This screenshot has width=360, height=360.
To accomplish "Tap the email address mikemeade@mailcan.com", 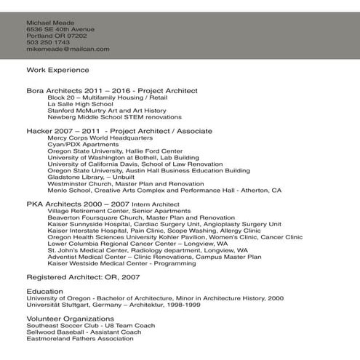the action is pyautogui.click(x=68, y=49).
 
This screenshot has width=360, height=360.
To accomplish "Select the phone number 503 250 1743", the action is pyautogui.click(x=48, y=42).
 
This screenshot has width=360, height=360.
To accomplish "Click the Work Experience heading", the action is pyautogui.click(x=57, y=70).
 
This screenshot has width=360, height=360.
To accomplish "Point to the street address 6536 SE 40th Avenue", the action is pyautogui.click(x=60, y=29).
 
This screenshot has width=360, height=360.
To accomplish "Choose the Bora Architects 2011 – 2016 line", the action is pyautogui.click(x=112, y=90).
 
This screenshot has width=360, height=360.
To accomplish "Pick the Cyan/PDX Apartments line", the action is pyautogui.click(x=83, y=144).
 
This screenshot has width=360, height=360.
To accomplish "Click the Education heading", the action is pyautogui.click(x=44, y=290).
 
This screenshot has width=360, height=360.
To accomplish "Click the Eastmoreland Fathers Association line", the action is pyautogui.click(x=80, y=338).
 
